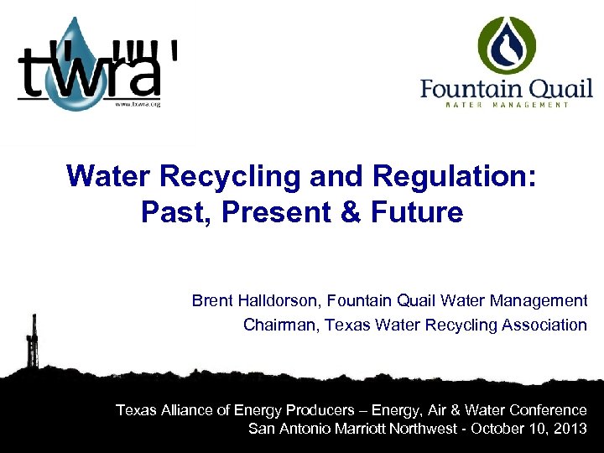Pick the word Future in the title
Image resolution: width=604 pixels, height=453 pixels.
point(421,212)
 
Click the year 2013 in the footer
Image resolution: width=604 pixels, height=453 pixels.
point(570,429)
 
